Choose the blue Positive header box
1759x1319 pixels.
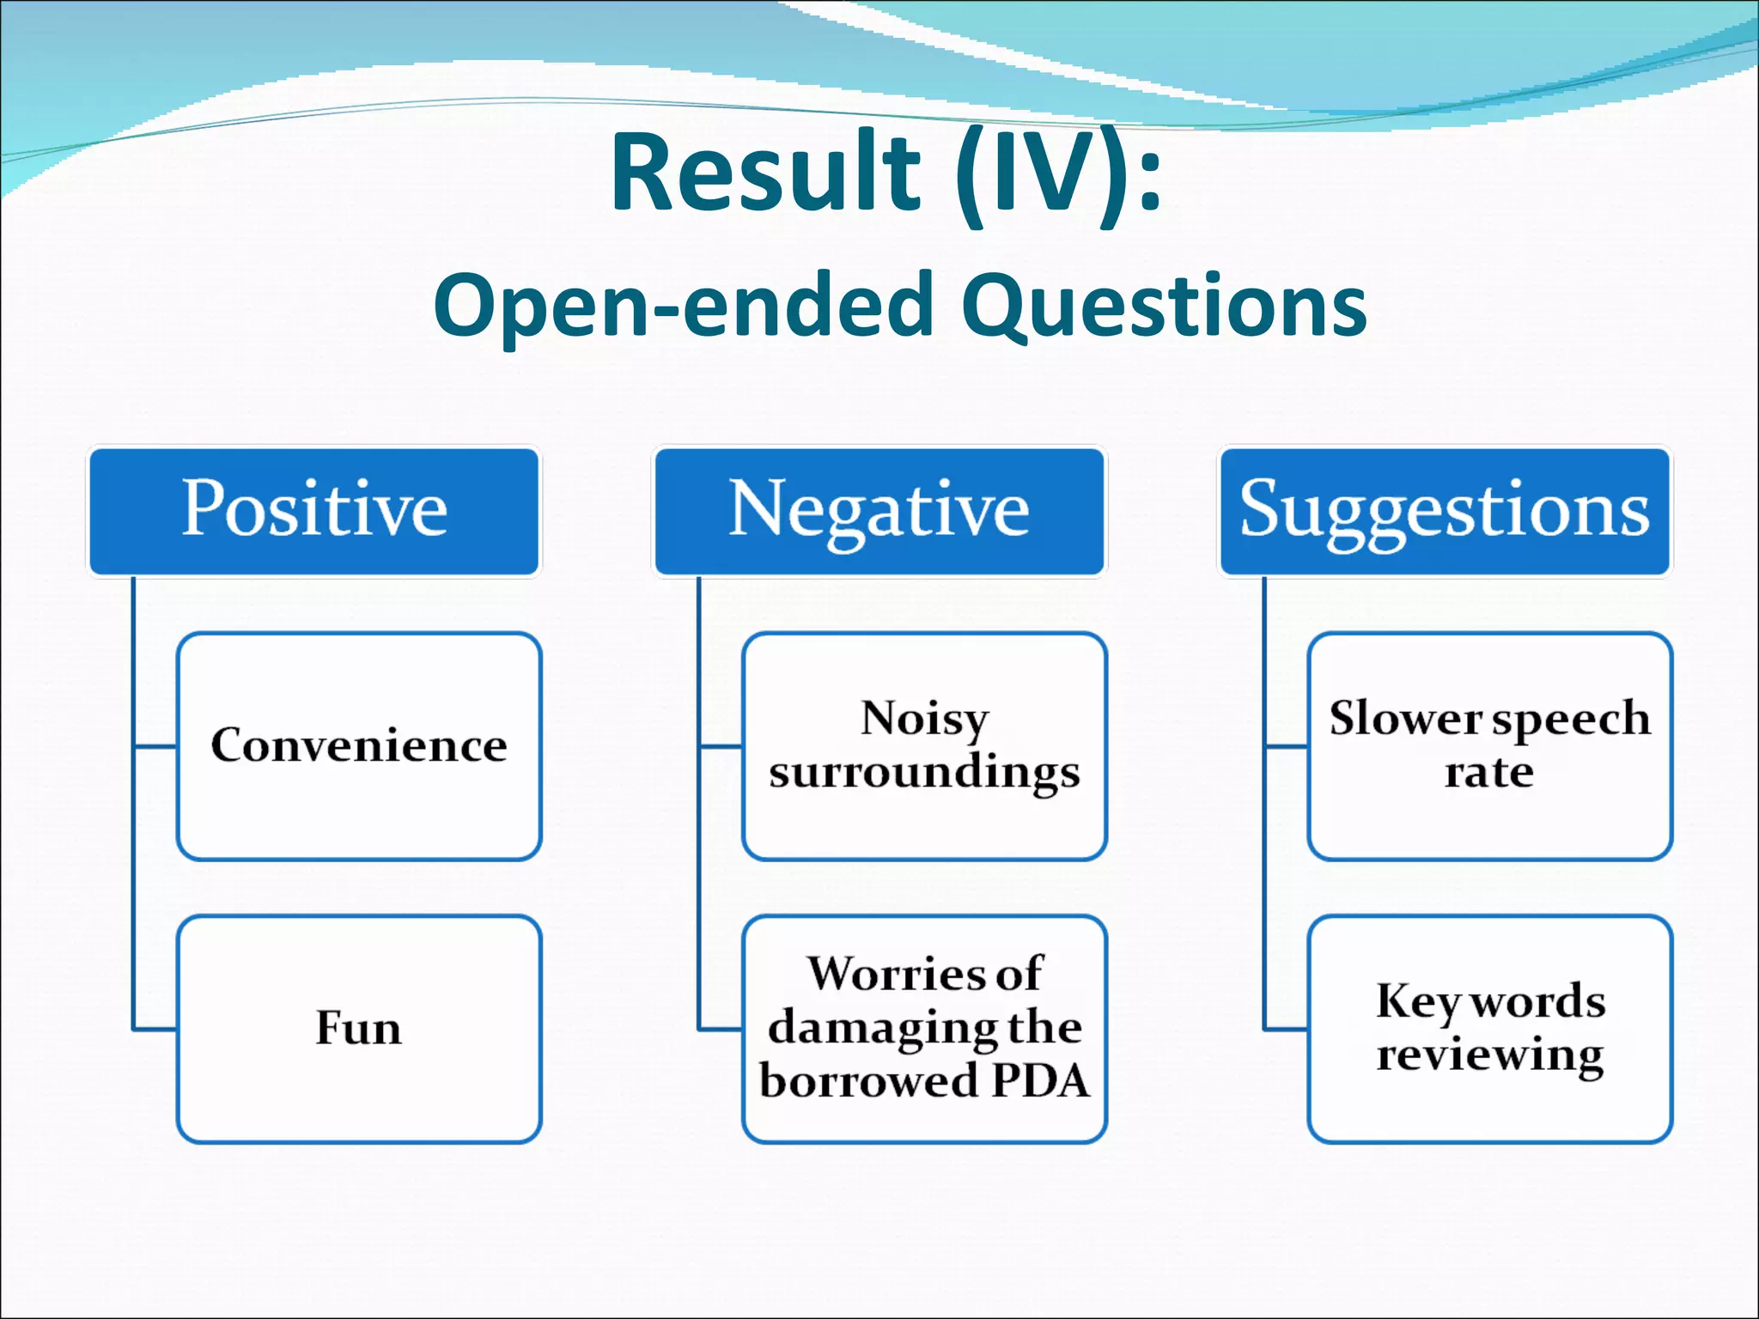tap(314, 511)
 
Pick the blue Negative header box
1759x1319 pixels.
tap(879, 511)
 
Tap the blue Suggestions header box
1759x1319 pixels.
tap(1445, 511)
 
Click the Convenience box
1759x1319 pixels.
tap(359, 745)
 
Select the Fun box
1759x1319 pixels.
tap(359, 1028)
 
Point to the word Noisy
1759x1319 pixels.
tap(924, 718)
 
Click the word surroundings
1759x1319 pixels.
tap(924, 772)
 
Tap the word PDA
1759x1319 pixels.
tap(1040, 1081)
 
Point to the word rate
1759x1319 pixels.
tap(1488, 772)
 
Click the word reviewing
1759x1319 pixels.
tap(1490, 1055)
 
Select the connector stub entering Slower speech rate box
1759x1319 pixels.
tap(1286, 747)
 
